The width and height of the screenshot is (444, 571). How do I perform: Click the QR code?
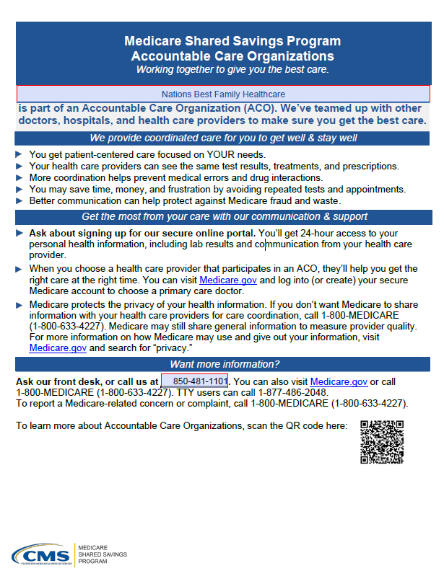381,441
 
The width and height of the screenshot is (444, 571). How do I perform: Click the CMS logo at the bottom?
41,556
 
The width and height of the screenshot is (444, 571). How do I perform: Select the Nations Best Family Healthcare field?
223,94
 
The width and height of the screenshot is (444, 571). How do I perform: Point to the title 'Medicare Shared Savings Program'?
232,41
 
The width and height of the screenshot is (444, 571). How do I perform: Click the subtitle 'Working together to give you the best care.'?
232,69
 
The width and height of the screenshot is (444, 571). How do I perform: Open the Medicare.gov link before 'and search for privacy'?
58,347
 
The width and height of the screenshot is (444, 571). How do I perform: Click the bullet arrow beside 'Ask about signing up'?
19,233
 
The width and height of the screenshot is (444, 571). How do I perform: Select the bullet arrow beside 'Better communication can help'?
19,200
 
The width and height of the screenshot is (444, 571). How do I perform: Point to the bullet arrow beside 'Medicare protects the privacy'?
19,304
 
